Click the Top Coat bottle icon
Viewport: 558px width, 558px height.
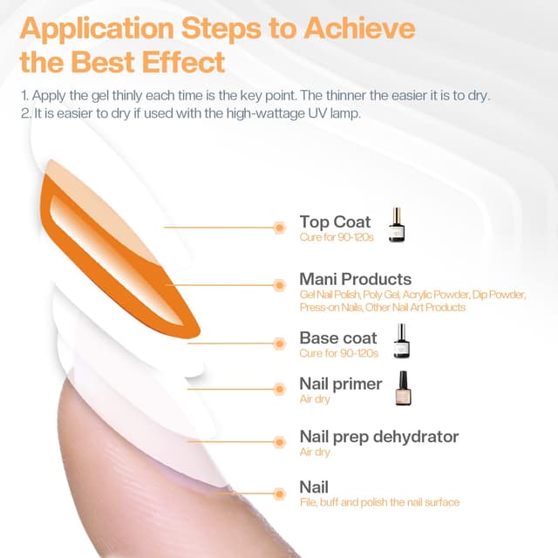(x=398, y=224)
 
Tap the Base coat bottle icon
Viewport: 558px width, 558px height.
(x=401, y=341)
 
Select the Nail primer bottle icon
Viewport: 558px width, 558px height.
(x=402, y=389)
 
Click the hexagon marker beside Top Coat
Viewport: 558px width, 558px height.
(x=280, y=227)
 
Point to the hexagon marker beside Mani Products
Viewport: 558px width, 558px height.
(x=280, y=284)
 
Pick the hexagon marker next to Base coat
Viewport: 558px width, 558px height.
(x=280, y=343)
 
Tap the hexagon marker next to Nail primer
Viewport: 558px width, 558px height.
(x=280, y=389)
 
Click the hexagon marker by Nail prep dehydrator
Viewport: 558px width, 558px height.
(x=280, y=441)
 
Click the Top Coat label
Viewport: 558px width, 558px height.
(x=335, y=221)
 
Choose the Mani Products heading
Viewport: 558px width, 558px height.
(x=355, y=279)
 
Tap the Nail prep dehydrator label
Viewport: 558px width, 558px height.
(x=378, y=436)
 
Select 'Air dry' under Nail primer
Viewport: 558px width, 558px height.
(x=315, y=399)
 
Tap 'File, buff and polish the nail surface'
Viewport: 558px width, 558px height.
(x=379, y=502)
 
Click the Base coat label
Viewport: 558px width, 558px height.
(x=338, y=337)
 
